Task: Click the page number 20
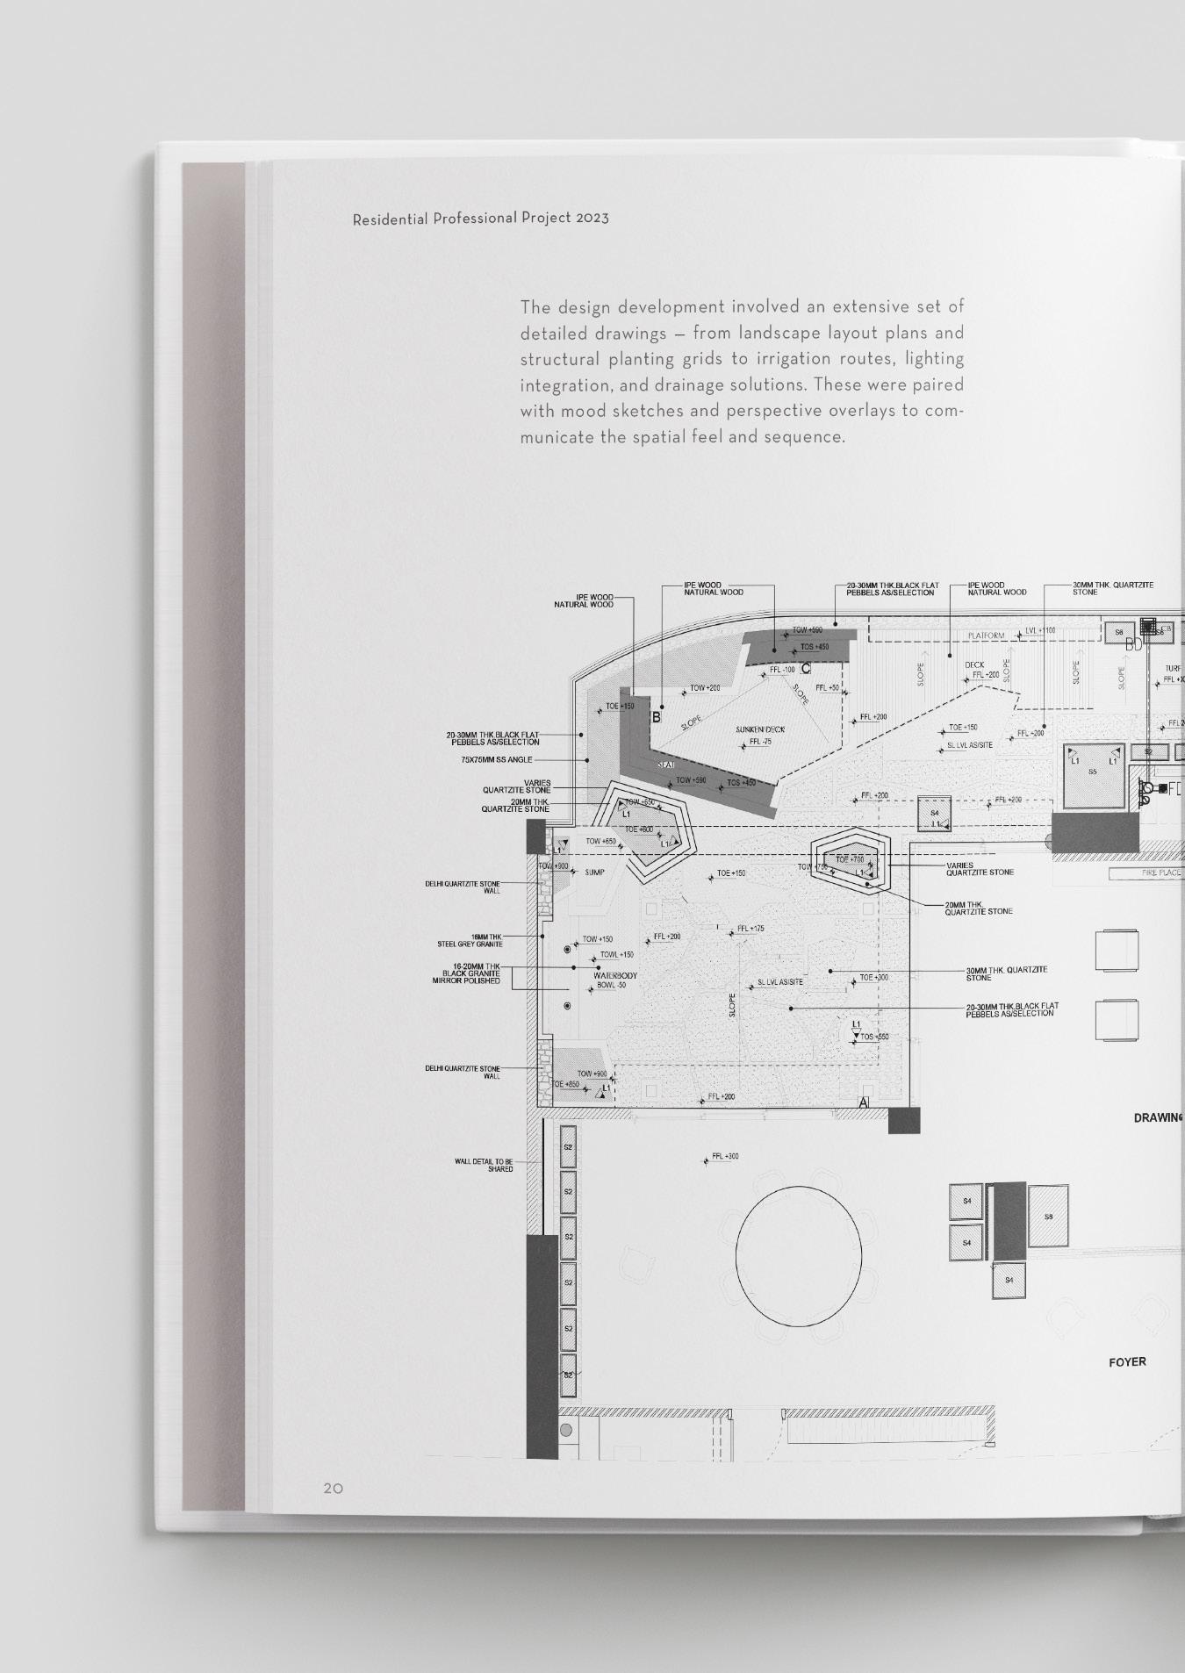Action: (x=333, y=1489)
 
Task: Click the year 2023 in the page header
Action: (x=592, y=218)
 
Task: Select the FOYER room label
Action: (x=1127, y=1362)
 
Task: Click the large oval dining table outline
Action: (x=798, y=1257)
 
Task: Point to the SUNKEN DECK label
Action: (x=760, y=729)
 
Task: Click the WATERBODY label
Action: (x=614, y=976)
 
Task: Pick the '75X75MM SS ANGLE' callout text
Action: (x=496, y=760)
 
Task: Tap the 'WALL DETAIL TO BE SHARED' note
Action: (x=484, y=1165)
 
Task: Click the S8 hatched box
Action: (x=1048, y=1217)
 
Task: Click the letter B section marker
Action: (x=656, y=718)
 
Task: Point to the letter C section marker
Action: (x=805, y=670)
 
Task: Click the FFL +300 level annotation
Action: (x=724, y=1156)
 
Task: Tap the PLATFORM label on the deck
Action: (x=986, y=635)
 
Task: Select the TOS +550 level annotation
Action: (x=873, y=1037)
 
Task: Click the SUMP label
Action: (x=594, y=872)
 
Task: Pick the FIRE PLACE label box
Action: (x=1146, y=873)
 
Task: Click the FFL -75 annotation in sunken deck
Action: (x=759, y=743)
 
